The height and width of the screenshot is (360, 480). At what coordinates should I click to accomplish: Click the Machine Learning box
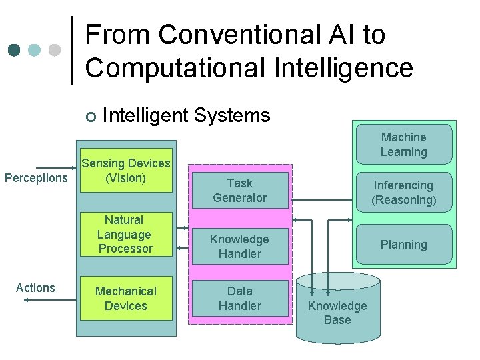coord(403,145)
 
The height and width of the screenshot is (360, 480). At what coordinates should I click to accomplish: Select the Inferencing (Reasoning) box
coord(403,192)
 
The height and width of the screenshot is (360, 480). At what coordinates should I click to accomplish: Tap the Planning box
coord(403,245)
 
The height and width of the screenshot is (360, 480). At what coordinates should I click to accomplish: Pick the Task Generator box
coord(240,190)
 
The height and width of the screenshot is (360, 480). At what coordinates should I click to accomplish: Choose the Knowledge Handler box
coord(240,246)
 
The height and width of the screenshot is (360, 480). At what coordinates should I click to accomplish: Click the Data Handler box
coord(240,298)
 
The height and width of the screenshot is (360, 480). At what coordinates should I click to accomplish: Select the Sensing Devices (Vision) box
coord(126,171)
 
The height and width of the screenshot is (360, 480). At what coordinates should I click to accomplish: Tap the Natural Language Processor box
coord(126,234)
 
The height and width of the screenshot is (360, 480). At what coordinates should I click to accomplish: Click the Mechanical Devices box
coord(126,298)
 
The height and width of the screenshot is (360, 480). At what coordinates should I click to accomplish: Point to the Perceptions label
coord(36,178)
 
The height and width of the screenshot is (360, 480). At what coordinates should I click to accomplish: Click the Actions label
coord(35,288)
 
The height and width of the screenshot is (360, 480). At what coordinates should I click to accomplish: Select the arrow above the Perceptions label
coord(56,167)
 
